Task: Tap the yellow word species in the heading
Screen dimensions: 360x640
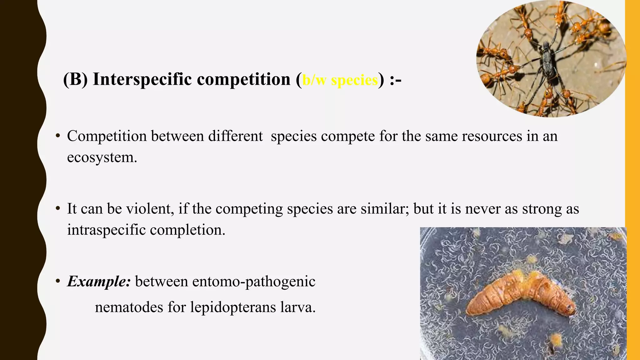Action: point(354,80)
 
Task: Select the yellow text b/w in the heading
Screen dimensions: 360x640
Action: point(314,80)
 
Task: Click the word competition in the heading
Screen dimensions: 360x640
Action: point(244,79)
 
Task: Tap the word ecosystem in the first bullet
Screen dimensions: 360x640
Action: point(102,157)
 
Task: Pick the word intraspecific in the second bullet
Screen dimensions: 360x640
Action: point(107,230)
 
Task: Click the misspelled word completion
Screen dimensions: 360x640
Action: point(187,230)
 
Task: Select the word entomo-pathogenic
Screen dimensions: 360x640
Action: point(254,282)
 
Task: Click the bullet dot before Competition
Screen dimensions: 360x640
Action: point(57,136)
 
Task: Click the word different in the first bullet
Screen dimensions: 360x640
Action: point(235,136)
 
